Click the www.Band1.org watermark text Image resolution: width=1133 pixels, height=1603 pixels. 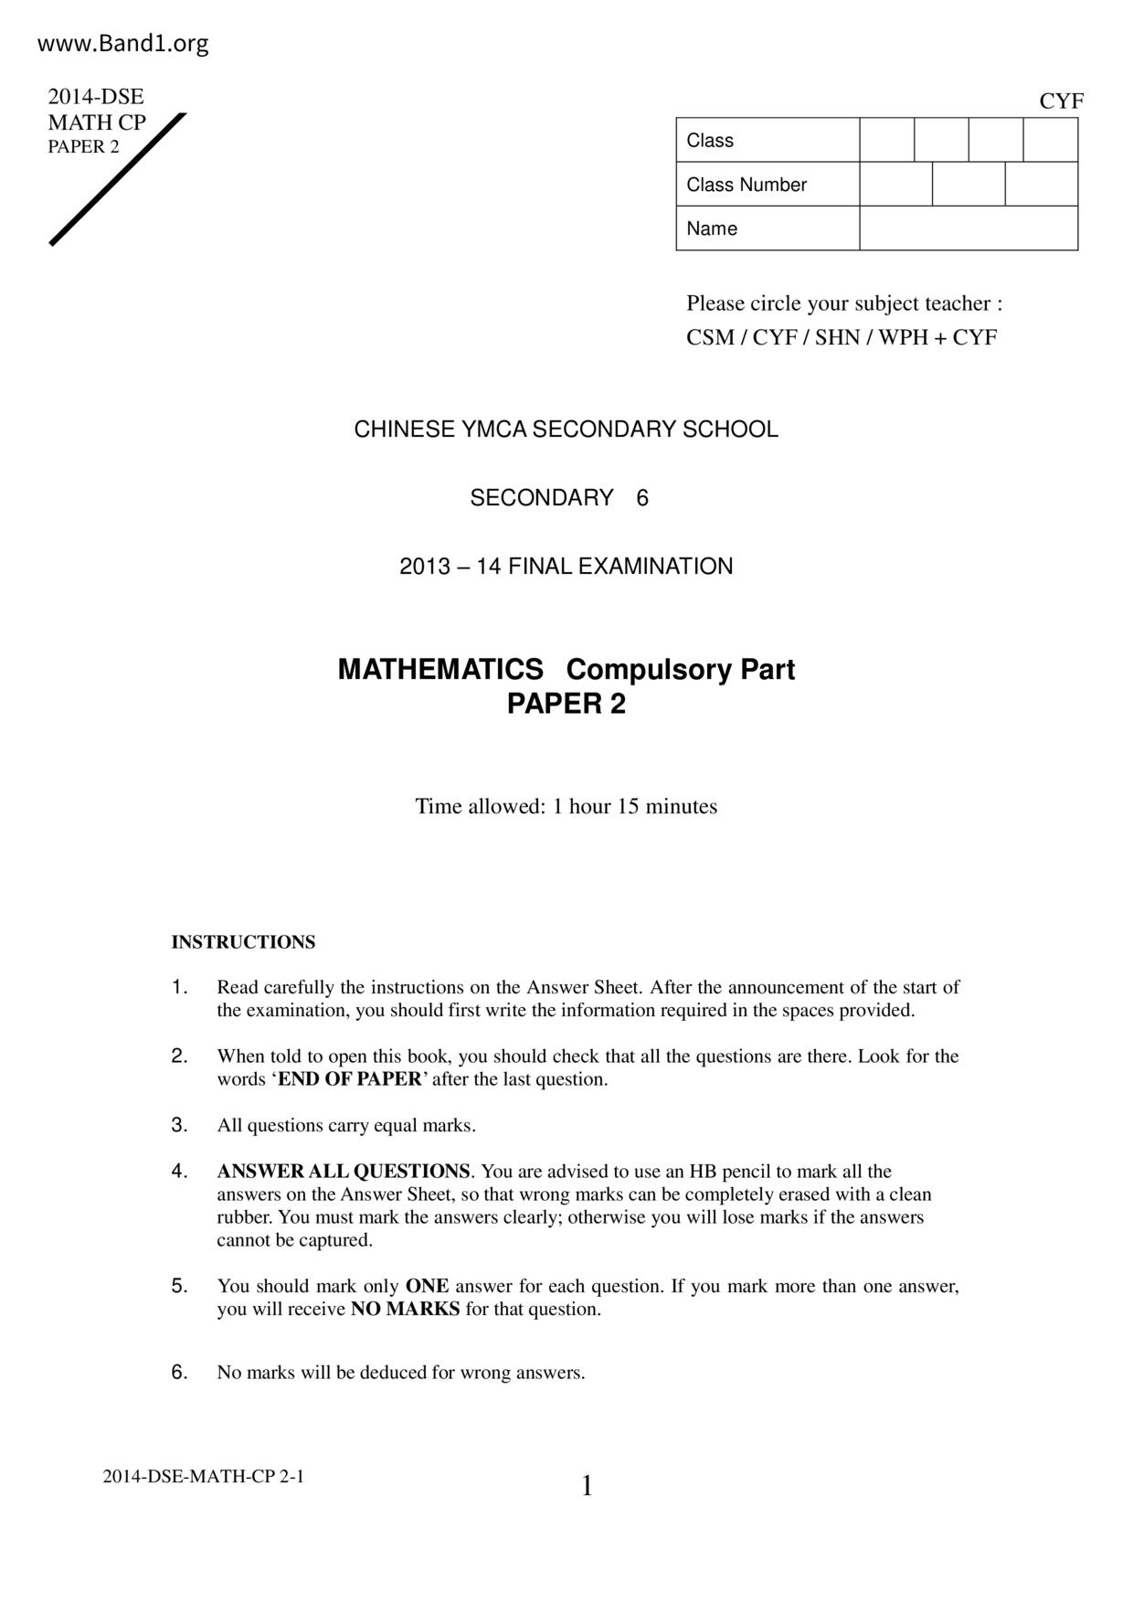[x=123, y=43]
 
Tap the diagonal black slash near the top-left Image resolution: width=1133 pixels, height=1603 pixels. [x=118, y=179]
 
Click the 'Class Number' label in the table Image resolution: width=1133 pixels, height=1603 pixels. [x=747, y=185]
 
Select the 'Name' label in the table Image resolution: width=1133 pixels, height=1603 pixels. [x=712, y=228]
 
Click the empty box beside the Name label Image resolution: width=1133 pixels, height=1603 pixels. [x=968, y=228]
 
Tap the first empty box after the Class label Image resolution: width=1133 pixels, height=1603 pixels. [x=886, y=140]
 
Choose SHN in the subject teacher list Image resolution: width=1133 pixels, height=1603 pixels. [x=837, y=337]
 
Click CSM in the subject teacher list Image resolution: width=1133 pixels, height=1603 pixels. [x=710, y=337]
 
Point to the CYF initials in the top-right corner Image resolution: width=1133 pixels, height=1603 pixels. [x=1061, y=101]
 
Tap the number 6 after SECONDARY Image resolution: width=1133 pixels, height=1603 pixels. [x=642, y=498]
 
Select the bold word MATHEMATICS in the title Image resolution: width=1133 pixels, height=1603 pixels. [x=440, y=670]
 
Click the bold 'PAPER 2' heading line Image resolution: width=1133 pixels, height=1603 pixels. [x=566, y=704]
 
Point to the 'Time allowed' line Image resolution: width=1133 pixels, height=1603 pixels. [x=566, y=806]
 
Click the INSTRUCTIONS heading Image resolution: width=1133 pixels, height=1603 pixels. [x=243, y=942]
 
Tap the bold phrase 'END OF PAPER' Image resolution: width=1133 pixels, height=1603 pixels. [x=349, y=1079]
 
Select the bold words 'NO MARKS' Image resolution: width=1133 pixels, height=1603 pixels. [x=405, y=1309]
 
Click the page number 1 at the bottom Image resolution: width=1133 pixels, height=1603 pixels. [x=587, y=1487]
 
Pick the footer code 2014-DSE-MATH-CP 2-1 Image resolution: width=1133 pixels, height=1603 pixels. [x=203, y=1476]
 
